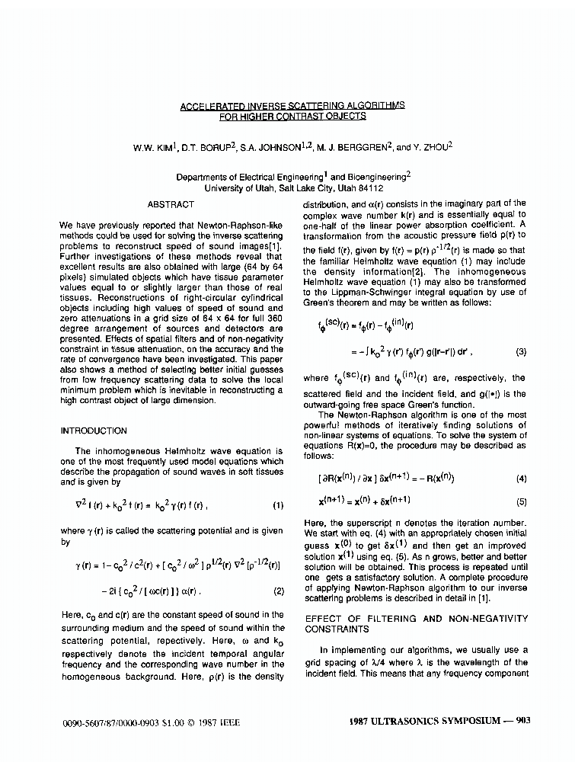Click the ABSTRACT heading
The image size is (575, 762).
171,204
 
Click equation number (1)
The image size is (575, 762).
278,504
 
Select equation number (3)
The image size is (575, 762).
521,351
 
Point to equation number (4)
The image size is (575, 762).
521,479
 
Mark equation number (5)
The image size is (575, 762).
521,501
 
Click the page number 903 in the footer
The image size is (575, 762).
522,720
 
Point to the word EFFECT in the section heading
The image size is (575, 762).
325,619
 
